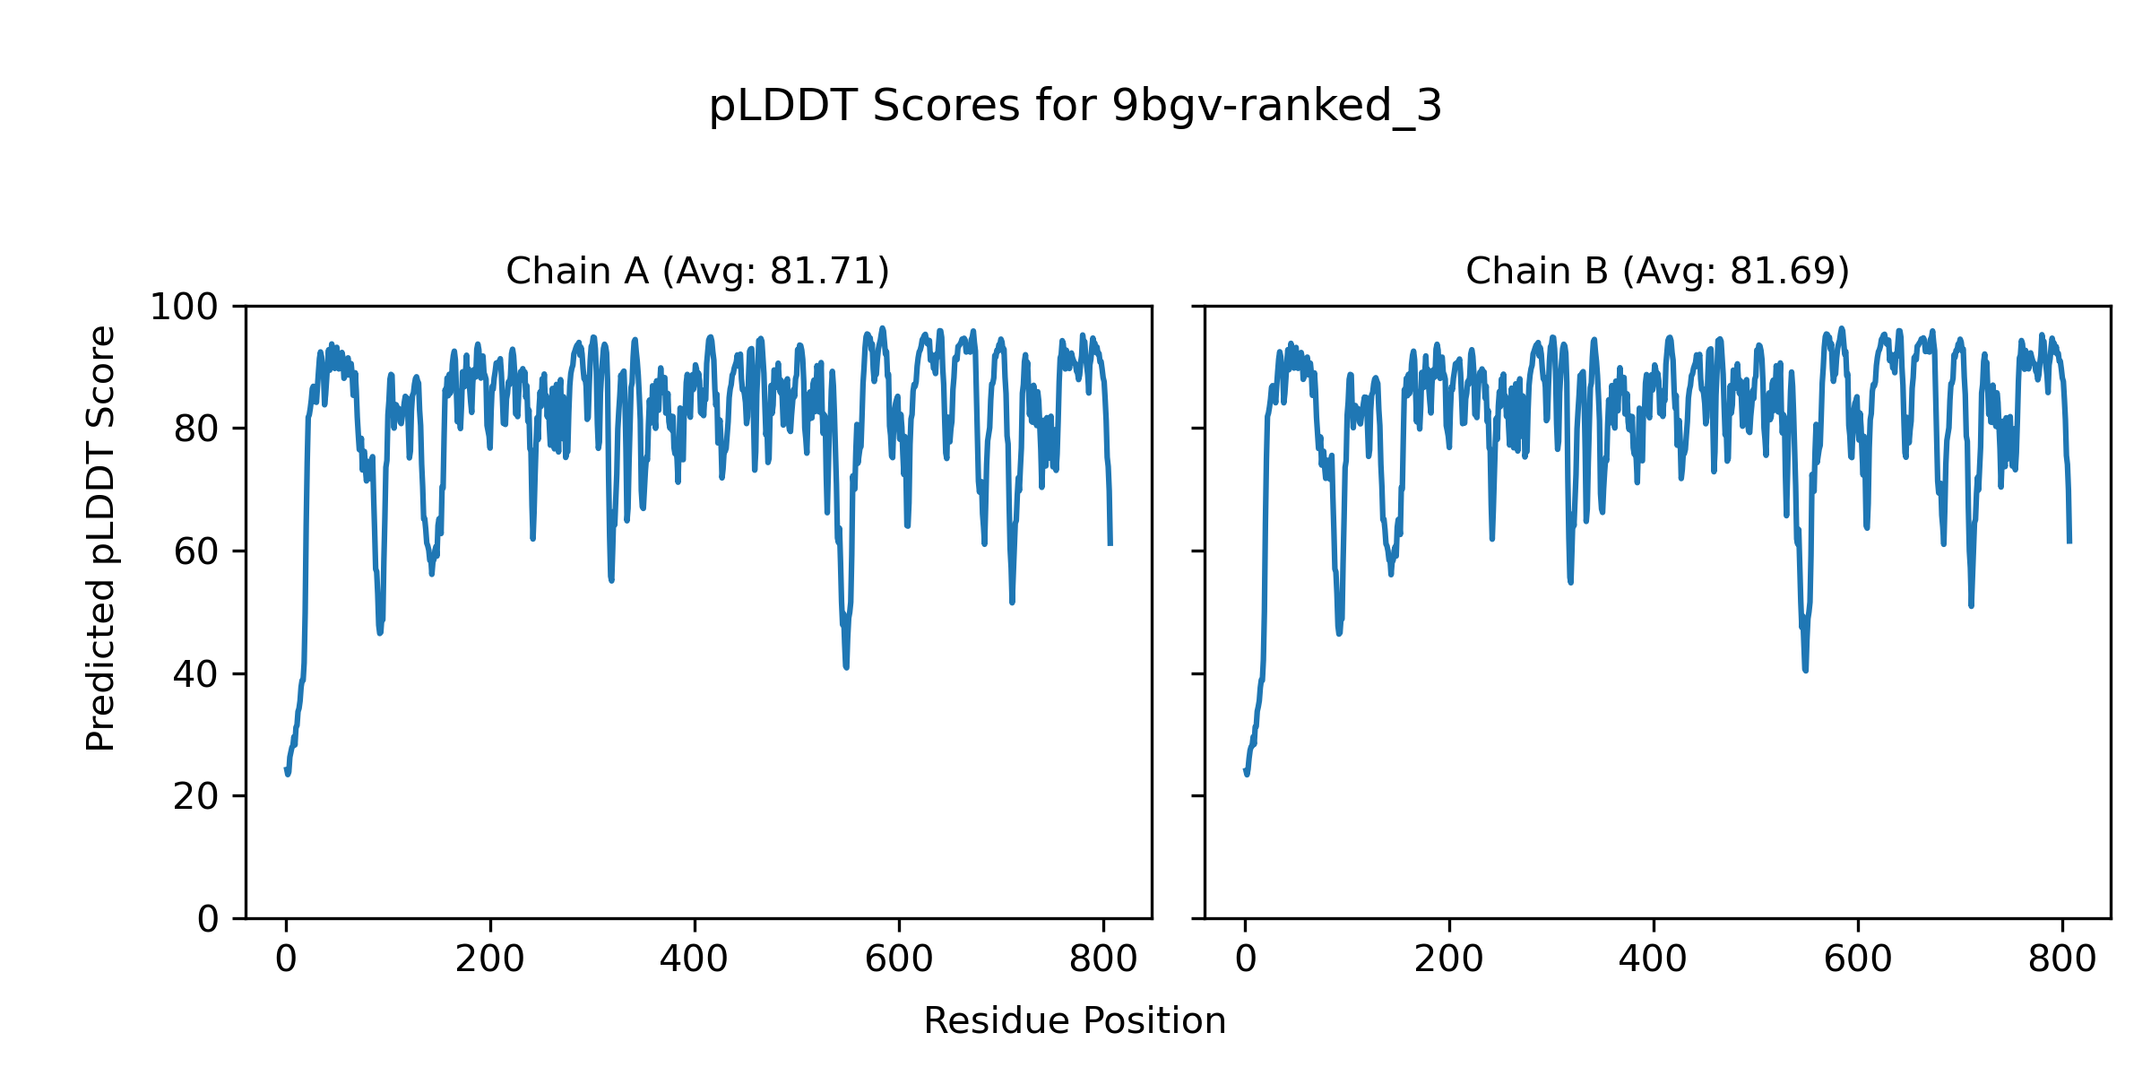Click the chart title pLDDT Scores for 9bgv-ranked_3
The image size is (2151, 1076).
coord(1075,107)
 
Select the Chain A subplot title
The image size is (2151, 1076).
coord(697,271)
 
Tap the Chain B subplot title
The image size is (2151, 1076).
coord(1657,271)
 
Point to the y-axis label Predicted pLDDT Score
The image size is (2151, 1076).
coord(100,538)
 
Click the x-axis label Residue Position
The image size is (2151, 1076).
coord(1075,1021)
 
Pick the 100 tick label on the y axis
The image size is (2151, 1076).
coord(184,308)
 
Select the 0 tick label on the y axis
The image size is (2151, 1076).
coord(207,919)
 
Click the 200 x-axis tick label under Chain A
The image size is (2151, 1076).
coord(490,960)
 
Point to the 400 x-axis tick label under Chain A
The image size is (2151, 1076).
coord(695,960)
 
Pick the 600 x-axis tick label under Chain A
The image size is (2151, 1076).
coord(899,960)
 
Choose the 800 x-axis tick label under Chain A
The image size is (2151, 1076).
coord(1103,960)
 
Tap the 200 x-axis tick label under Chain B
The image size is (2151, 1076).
coord(1449,960)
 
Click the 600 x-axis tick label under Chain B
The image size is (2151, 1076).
coord(1858,960)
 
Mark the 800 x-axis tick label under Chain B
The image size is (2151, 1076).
coord(2062,960)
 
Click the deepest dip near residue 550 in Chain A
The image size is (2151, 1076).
coord(846,666)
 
